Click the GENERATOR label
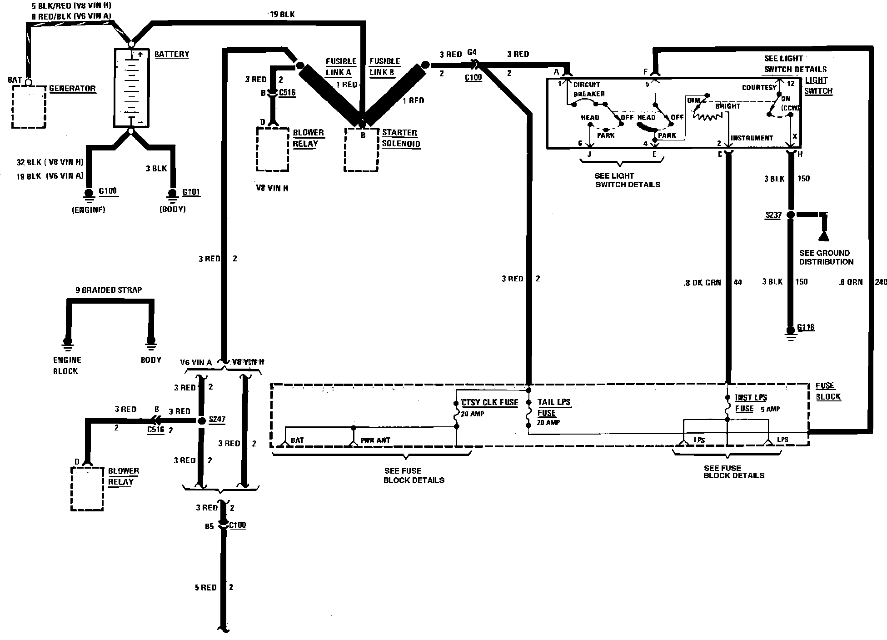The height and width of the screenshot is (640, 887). click(x=72, y=89)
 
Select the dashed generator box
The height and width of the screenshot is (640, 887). click(x=29, y=106)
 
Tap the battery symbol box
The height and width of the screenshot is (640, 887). click(x=131, y=88)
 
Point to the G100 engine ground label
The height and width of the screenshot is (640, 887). click(x=108, y=191)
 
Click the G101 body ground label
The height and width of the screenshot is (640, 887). click(x=191, y=192)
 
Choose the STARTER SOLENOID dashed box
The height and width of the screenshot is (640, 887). click(x=361, y=150)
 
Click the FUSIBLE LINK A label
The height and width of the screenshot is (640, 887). click(x=341, y=67)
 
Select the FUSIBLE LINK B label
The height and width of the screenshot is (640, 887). click(x=384, y=67)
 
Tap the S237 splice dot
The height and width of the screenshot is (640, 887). click(x=791, y=215)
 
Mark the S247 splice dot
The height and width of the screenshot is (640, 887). click(x=202, y=420)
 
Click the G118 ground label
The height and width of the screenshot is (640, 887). click(x=806, y=327)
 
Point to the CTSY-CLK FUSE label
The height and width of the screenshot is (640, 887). click(x=489, y=402)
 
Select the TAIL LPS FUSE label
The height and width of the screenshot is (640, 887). click(x=553, y=408)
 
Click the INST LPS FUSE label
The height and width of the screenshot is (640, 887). click(x=751, y=403)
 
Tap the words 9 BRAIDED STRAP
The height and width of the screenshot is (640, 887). click(x=109, y=290)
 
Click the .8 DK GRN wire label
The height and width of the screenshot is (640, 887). click(x=702, y=283)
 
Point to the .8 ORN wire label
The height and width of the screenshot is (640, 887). click(x=850, y=282)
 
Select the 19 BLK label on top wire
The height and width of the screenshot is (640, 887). click(x=282, y=15)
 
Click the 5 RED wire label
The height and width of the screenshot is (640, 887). click(x=205, y=588)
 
